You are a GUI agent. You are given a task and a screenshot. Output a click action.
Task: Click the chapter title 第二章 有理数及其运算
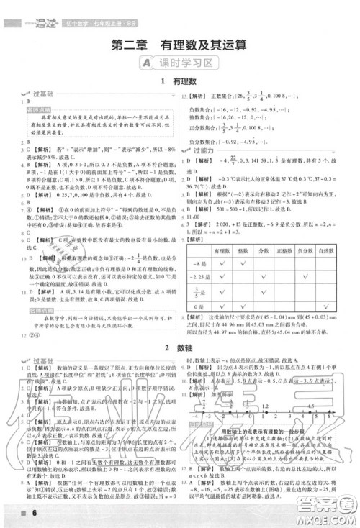click(x=179, y=45)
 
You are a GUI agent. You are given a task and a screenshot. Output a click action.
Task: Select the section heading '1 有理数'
click(x=179, y=83)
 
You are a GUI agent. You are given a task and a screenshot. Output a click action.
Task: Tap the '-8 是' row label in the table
click(x=197, y=263)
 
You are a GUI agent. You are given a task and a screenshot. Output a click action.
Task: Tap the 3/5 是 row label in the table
click(x=197, y=292)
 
